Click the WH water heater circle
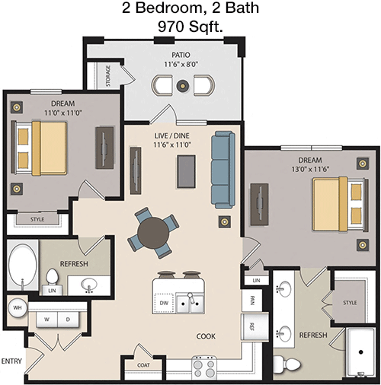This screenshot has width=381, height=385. coord(18,307)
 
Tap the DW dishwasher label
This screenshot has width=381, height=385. coord(164,303)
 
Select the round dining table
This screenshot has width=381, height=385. coord(153,233)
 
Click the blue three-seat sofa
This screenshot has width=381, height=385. coord(223,170)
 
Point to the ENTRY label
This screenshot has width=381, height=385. coord(11,361)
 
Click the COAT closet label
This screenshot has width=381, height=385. coord(143,365)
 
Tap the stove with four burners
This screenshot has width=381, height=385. coord(204,367)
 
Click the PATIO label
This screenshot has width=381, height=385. coord(181,55)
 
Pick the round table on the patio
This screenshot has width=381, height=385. coord(183,85)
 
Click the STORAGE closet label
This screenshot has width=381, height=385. coord(108,76)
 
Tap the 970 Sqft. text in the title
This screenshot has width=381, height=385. coord(190,27)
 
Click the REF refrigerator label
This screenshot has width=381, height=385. coord(252,326)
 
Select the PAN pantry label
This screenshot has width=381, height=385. coord(252,301)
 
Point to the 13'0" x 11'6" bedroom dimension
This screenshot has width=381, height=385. coord(310,169)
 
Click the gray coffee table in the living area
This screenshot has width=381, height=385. coord(186,171)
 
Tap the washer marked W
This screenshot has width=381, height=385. coord(47,320)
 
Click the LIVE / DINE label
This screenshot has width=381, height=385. coord(172,135)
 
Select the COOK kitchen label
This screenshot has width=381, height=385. coord(206,336)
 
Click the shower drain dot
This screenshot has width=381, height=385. coord(360,352)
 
